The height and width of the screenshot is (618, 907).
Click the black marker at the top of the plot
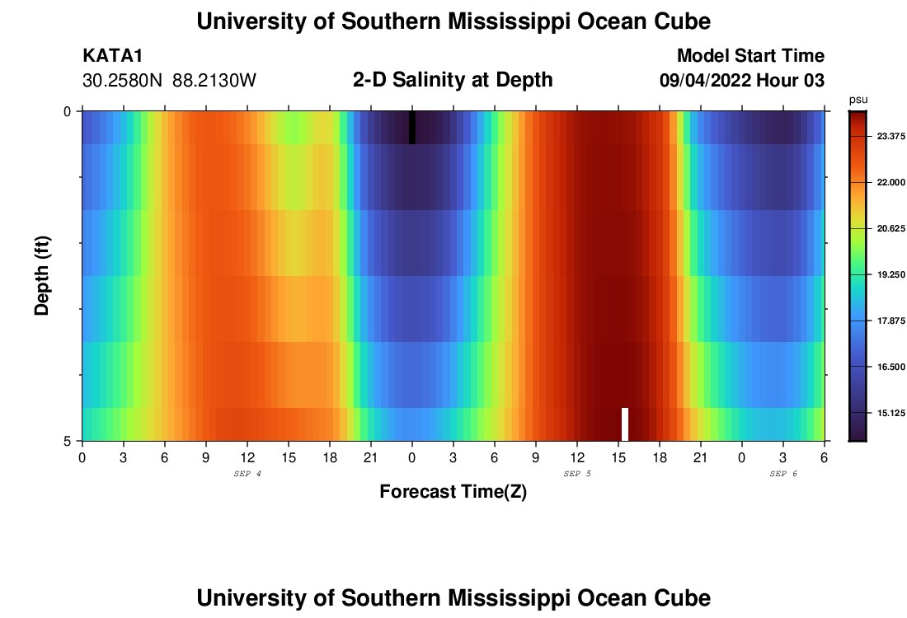click(x=412, y=128)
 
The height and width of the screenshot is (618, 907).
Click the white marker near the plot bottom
click(x=625, y=424)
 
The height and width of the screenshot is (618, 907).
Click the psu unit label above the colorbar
click(x=858, y=99)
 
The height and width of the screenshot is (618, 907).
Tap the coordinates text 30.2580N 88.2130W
click(x=170, y=81)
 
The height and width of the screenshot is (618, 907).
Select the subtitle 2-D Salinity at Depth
click(x=453, y=80)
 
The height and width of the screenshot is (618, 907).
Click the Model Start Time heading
click(x=750, y=56)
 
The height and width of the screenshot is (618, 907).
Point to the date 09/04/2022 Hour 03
click(x=742, y=81)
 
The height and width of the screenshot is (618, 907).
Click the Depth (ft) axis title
click(x=42, y=275)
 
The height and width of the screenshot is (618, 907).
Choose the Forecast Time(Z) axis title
click(x=453, y=492)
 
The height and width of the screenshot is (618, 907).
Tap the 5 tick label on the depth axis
click(x=67, y=441)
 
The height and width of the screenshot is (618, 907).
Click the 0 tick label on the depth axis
click(x=67, y=111)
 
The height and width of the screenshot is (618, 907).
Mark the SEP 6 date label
click(x=783, y=474)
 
